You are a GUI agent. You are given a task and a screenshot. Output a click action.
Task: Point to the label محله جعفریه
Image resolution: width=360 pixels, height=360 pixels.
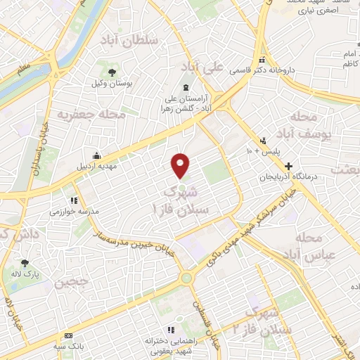tap(91, 113)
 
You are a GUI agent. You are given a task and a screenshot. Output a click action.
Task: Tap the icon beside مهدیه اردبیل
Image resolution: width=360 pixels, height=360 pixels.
tap(97, 156)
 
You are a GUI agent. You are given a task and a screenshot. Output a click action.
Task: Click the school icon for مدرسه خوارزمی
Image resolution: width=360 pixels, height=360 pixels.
tap(73, 200)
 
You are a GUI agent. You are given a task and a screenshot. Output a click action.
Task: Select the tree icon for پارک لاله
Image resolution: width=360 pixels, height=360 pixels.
tap(25, 263)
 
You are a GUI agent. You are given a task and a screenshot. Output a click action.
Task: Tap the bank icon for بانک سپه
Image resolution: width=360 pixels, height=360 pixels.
tap(67, 336)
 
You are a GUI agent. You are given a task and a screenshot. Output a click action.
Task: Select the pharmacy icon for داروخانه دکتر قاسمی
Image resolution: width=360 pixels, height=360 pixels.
tap(262, 60)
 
